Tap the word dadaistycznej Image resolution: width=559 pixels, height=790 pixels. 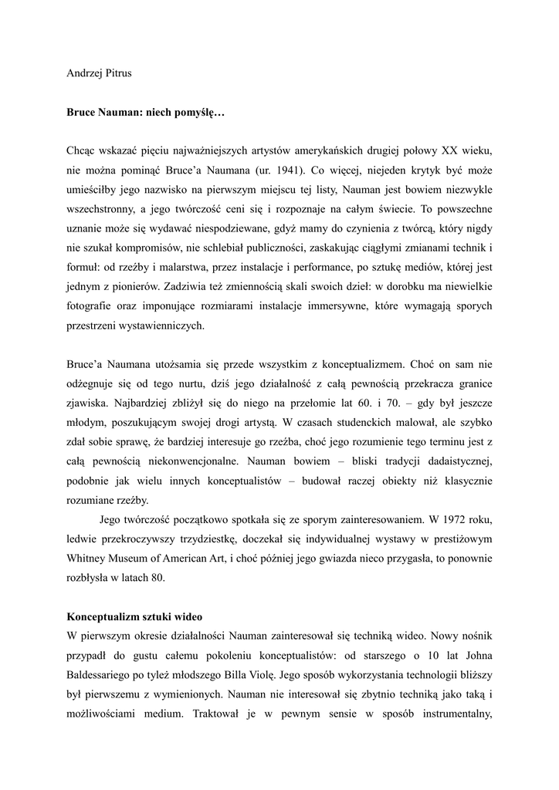tap(454, 461)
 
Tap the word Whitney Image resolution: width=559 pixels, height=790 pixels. tap(87, 559)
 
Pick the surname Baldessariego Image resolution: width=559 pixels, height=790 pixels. tap(106, 677)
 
